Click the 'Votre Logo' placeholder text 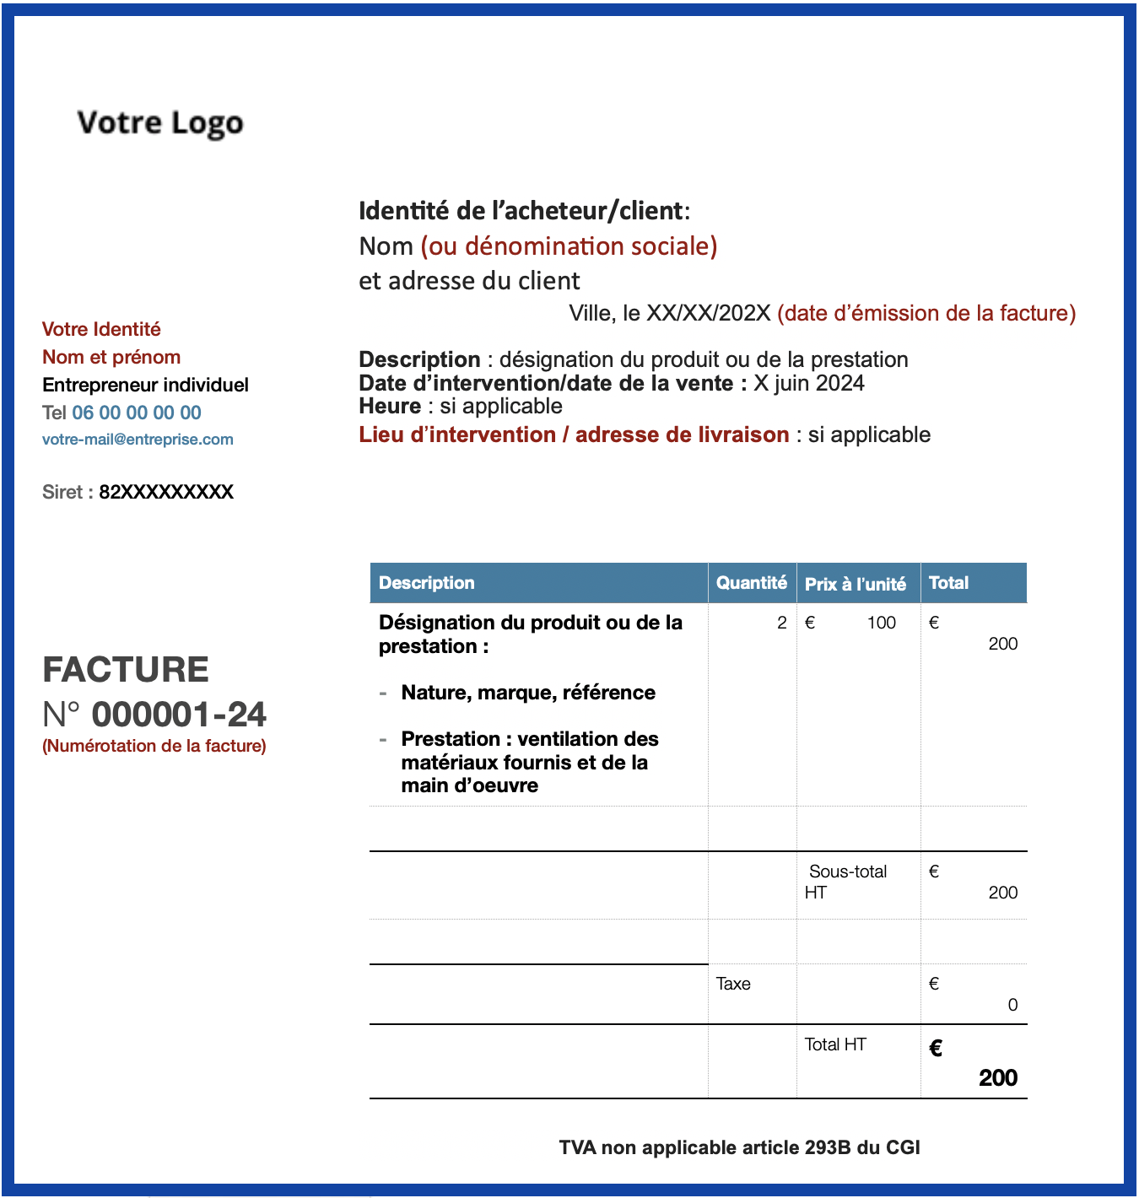point(160,123)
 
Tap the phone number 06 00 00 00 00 point(137,413)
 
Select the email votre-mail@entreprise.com point(138,440)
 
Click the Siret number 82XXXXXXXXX point(166,492)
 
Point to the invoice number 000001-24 point(179,715)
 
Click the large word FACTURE point(126,670)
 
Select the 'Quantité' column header point(751,583)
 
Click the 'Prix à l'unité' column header point(856,584)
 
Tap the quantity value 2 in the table point(782,623)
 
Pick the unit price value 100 point(881,623)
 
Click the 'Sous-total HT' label point(846,882)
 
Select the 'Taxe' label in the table point(733,984)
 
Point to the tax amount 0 point(1012,1005)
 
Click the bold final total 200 point(998,1077)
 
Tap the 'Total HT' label point(835,1044)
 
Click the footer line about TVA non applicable point(739,1147)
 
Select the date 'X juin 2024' point(809,383)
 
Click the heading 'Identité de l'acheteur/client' point(524,211)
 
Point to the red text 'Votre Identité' point(101,329)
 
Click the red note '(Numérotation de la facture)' point(154,746)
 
